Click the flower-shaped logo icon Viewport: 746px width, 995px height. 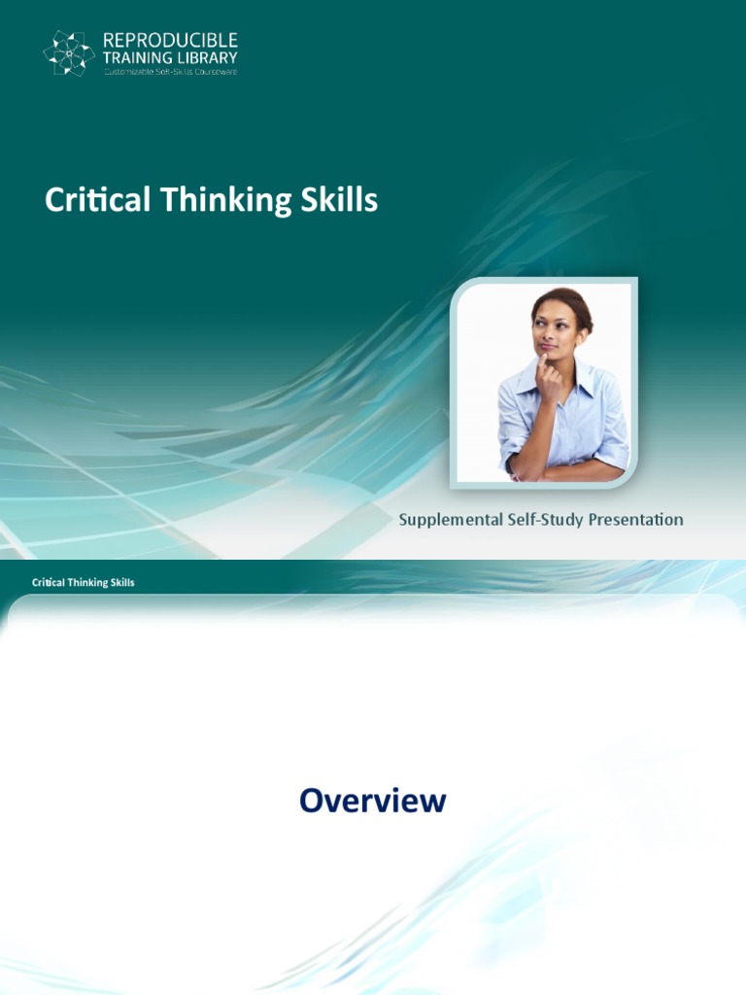[x=69, y=53]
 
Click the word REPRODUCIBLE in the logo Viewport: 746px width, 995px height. [x=170, y=40]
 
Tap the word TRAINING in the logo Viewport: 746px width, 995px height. [x=138, y=57]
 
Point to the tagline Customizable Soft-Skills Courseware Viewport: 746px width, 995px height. [x=171, y=72]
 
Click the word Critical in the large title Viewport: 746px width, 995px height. [x=98, y=199]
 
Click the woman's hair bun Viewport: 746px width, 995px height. [x=583, y=310]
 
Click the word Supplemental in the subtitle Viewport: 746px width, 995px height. [x=451, y=521]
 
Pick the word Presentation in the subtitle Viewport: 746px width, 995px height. [x=635, y=520]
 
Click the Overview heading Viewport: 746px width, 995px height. [x=373, y=801]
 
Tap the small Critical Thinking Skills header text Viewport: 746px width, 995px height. [x=84, y=583]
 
